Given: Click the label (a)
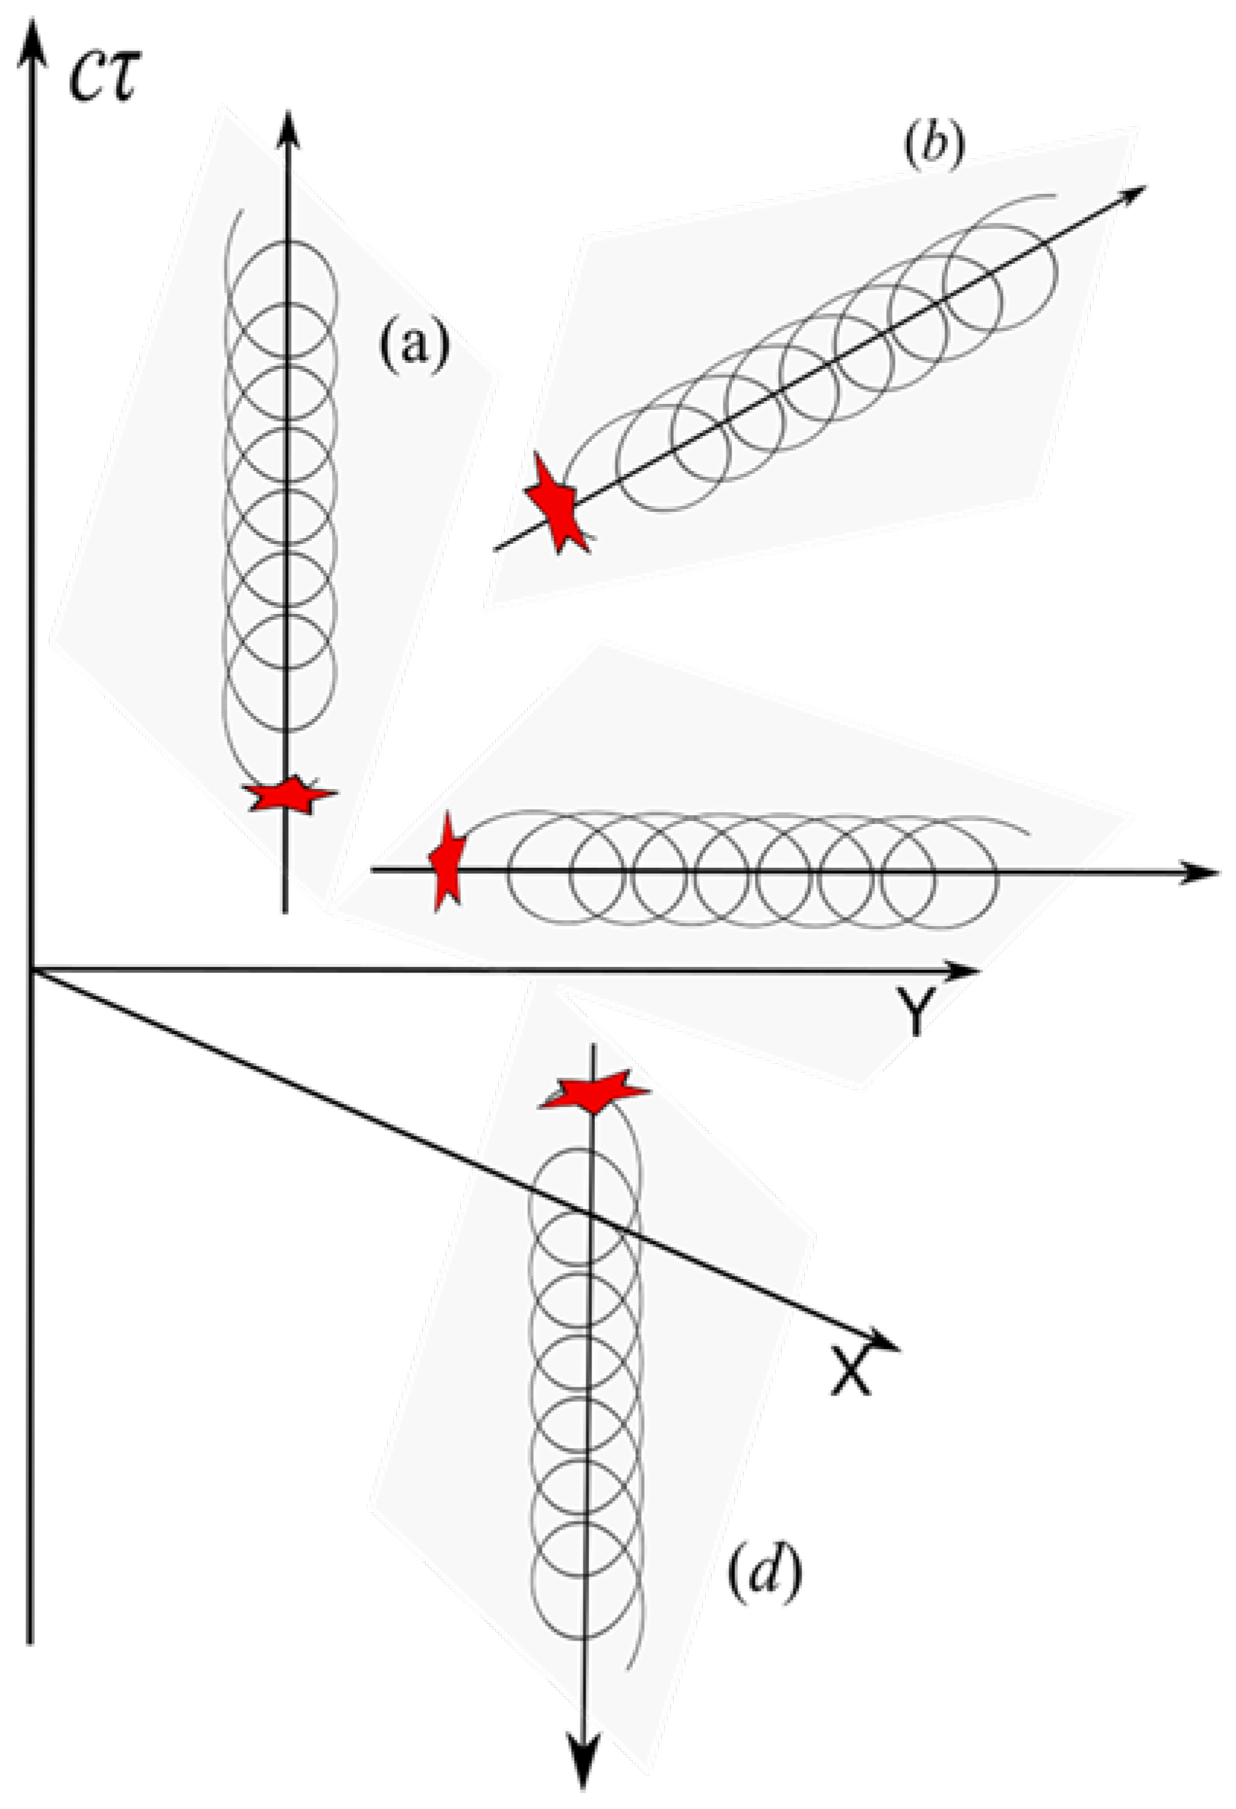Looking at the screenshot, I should pyautogui.click(x=414, y=344).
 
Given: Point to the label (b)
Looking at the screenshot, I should pyautogui.click(x=934, y=147).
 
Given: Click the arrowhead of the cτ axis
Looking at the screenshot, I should pyautogui.click(x=31, y=39).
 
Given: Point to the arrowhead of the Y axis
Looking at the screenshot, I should pyautogui.click(x=963, y=970).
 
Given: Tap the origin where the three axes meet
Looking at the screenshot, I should pyautogui.click(x=31, y=970).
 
